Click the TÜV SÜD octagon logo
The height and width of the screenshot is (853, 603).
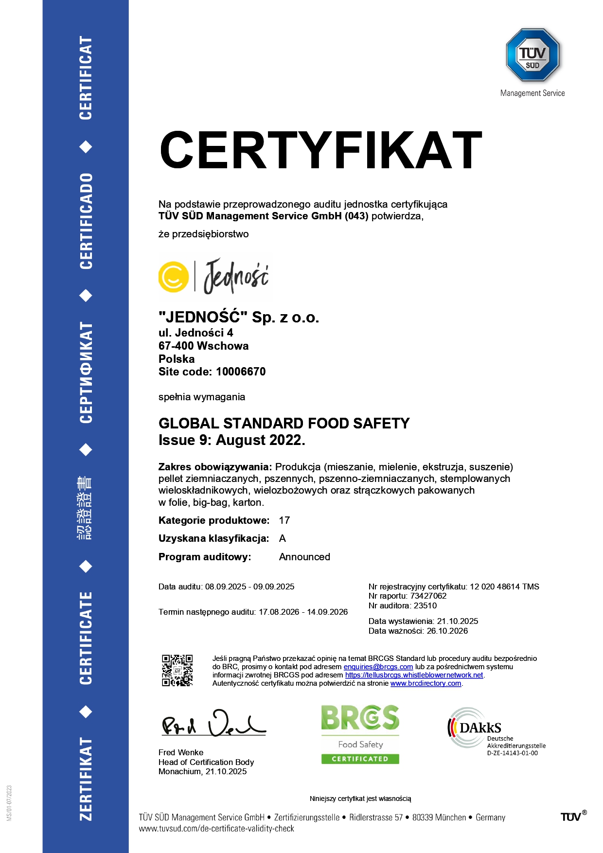(x=532, y=54)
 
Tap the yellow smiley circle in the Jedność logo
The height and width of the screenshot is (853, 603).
(x=173, y=277)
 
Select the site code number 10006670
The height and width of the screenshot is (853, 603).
(x=241, y=372)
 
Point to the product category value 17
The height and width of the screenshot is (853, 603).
(x=284, y=521)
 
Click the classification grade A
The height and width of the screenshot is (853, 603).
(x=283, y=539)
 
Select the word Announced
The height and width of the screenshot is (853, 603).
(x=304, y=557)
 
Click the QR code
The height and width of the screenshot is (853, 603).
(x=177, y=670)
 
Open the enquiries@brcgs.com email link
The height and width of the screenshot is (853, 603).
(x=378, y=667)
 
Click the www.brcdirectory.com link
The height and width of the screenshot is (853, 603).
(x=426, y=684)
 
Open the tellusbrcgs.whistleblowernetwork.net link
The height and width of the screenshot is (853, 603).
(x=414, y=675)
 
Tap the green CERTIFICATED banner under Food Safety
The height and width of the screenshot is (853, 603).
(x=360, y=759)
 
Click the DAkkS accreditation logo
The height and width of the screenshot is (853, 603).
(x=474, y=728)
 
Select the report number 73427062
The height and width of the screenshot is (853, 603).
(x=428, y=596)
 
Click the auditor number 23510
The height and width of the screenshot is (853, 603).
(x=425, y=606)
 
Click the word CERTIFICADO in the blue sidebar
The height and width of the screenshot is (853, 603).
(x=86, y=221)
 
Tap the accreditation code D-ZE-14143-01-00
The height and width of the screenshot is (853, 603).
(x=513, y=753)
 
